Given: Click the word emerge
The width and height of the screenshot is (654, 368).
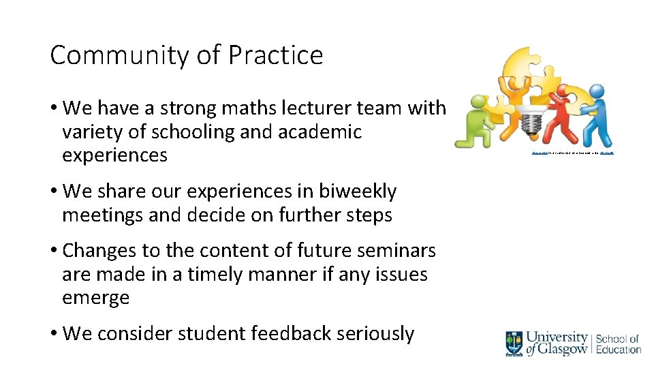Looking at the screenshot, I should click(x=95, y=298).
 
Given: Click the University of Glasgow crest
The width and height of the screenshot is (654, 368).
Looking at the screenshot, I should click(x=514, y=342).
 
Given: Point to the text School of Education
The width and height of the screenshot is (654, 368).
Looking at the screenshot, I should click(x=618, y=343).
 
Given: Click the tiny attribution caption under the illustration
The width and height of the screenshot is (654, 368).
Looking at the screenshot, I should click(x=572, y=153).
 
